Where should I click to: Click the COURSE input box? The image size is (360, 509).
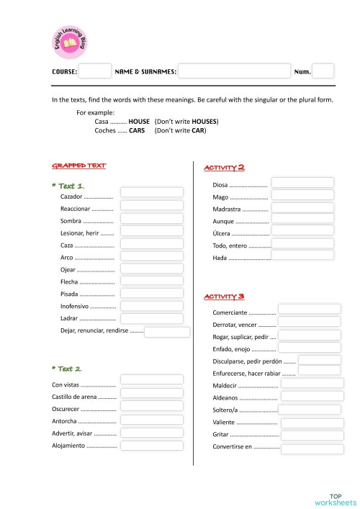click(x=94, y=71)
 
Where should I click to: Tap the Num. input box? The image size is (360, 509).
click(x=323, y=71)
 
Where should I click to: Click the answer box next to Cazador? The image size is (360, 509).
click(x=151, y=193)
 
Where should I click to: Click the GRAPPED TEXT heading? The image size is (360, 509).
click(x=79, y=166)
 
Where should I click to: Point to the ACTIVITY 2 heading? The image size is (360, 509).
click(x=225, y=167)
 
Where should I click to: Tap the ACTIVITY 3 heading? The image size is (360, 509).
click(x=225, y=296)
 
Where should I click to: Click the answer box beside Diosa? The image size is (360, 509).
click(x=302, y=183)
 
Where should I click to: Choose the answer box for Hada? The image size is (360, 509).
click(x=302, y=256)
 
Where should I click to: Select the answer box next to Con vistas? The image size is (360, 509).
click(x=151, y=379)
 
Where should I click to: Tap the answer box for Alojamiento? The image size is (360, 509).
click(x=151, y=443)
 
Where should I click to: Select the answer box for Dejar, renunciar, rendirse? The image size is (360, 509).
click(x=166, y=332)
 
